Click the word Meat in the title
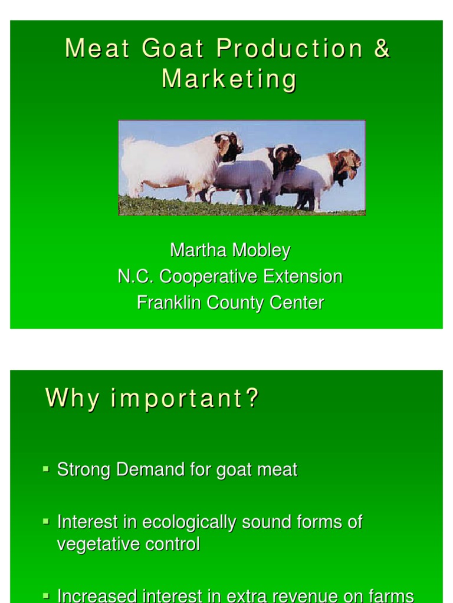tap(96, 49)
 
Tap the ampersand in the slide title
tap(382, 49)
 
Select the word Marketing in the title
tap(229, 79)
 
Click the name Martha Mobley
tap(230, 250)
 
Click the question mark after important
tap(252, 399)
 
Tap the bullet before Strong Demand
tap(46, 469)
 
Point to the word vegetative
tap(96, 544)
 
